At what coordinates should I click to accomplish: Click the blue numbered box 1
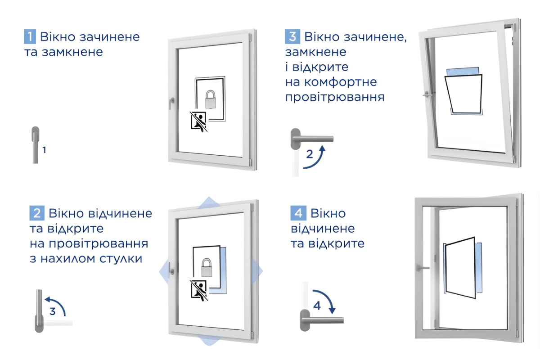click(30, 36)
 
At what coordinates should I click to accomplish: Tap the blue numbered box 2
click(36, 212)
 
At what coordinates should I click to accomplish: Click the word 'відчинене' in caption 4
click(323, 229)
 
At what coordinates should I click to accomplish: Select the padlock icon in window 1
click(210, 99)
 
